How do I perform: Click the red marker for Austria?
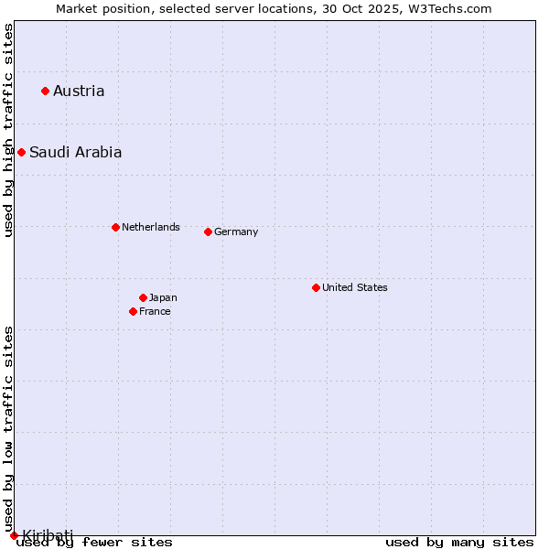coord(45,91)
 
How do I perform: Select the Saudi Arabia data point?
coord(21,152)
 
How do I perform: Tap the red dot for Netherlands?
coord(115,227)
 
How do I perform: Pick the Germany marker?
coord(208,231)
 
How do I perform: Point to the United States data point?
coord(316,287)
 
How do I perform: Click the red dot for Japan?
coord(143,297)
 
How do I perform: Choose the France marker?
coord(134,311)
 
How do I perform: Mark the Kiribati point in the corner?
coord(14,535)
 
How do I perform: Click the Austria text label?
coord(79,91)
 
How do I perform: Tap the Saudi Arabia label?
coord(75,152)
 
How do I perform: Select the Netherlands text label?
coord(151,227)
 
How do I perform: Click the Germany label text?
coord(236,231)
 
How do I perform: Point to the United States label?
coord(355,287)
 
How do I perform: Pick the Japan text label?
coord(163,297)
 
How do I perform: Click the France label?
coord(155,311)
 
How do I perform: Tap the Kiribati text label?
coord(48,534)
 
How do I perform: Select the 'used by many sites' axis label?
coord(459,543)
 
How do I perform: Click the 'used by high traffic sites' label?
coord(8,130)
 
